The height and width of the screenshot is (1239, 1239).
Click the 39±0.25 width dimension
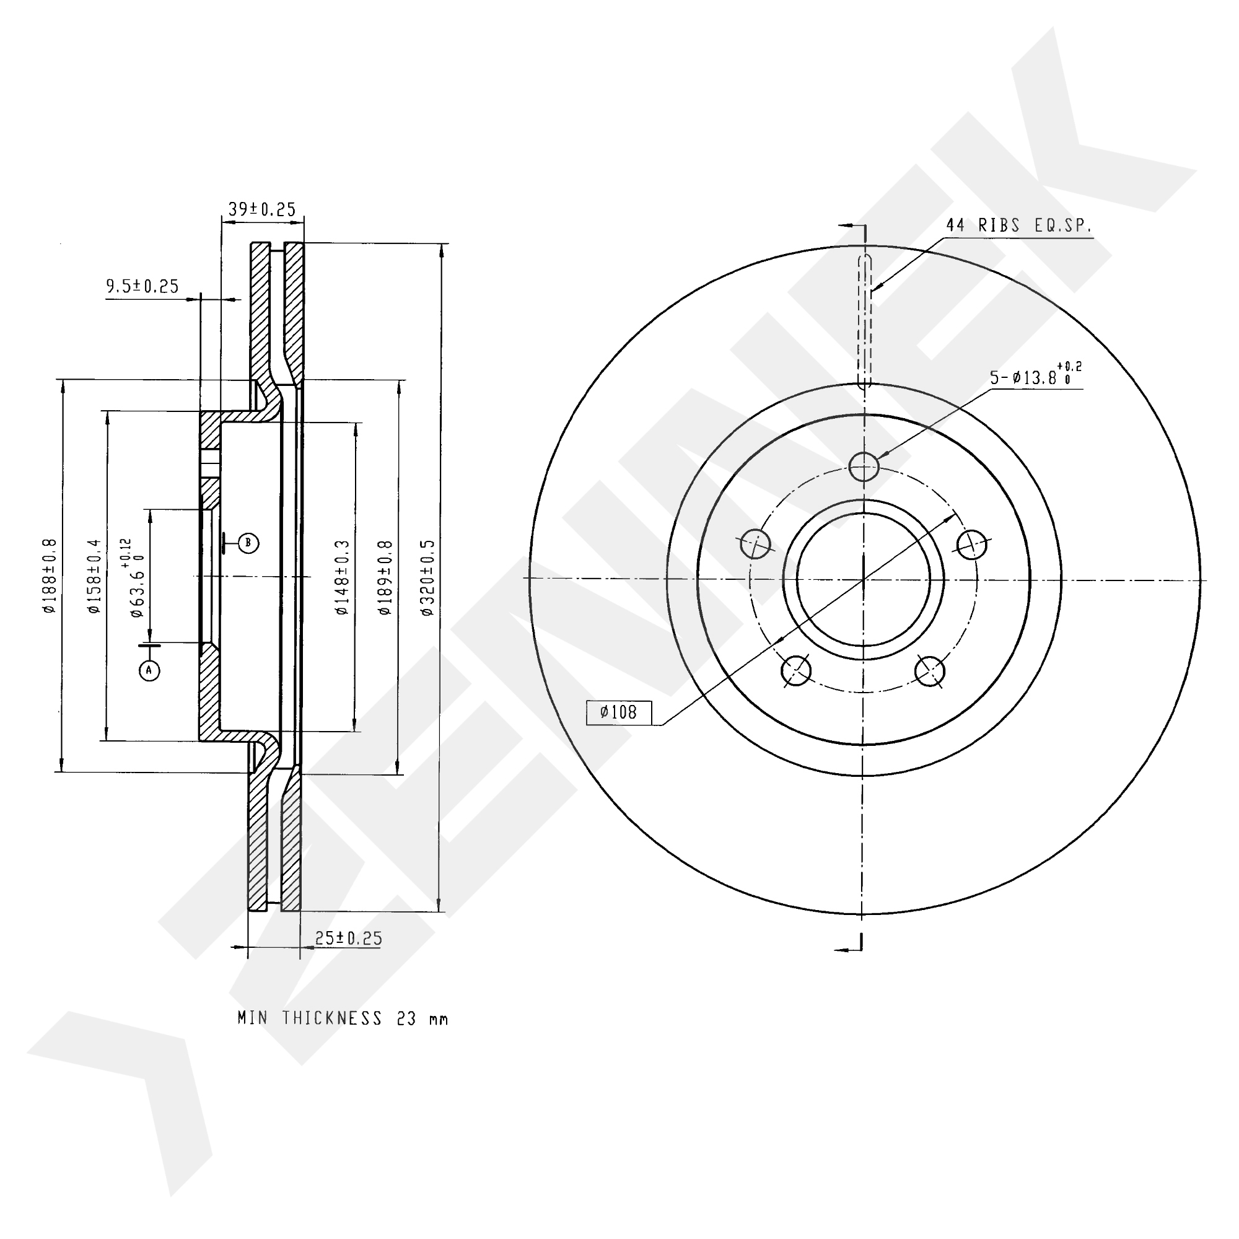pyautogui.click(x=261, y=209)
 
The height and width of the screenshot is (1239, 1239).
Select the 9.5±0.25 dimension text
pyautogui.click(x=142, y=286)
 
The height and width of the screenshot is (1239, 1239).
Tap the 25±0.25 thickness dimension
pyautogui.click(x=348, y=938)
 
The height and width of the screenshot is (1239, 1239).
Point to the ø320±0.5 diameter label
pyautogui.click(x=427, y=578)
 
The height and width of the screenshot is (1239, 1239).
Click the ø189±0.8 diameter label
pyautogui.click(x=384, y=578)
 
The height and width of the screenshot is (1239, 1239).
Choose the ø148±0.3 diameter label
pyautogui.click(x=341, y=578)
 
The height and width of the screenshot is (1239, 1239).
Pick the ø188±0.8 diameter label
pyautogui.click(x=50, y=576)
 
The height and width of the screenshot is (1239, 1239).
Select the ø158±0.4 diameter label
pyautogui.click(x=94, y=576)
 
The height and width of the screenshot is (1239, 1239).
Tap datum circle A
pyautogui.click(x=149, y=671)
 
